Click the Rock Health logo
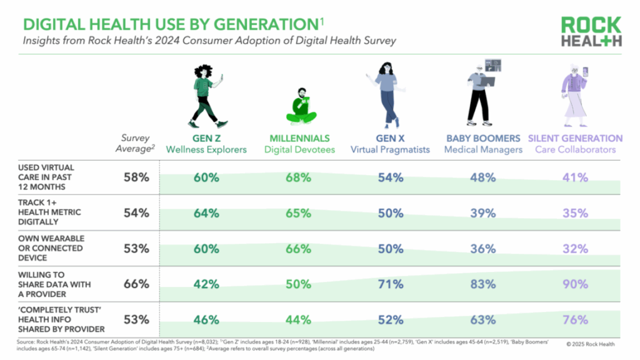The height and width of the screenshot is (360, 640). point(591,32)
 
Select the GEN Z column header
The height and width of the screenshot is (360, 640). point(201,138)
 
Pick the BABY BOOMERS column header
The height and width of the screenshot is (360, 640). point(483,138)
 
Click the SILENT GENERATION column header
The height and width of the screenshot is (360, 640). point(575,138)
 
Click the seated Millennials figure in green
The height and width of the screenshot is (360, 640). point(301,106)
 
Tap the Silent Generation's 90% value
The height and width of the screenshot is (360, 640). point(575,284)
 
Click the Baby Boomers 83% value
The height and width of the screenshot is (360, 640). point(482,284)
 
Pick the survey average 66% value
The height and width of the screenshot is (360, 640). point(136,284)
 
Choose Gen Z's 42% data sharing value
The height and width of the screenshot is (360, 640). point(206,284)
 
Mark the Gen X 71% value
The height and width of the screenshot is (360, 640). point(390,284)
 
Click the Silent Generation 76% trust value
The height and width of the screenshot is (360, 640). point(575,320)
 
